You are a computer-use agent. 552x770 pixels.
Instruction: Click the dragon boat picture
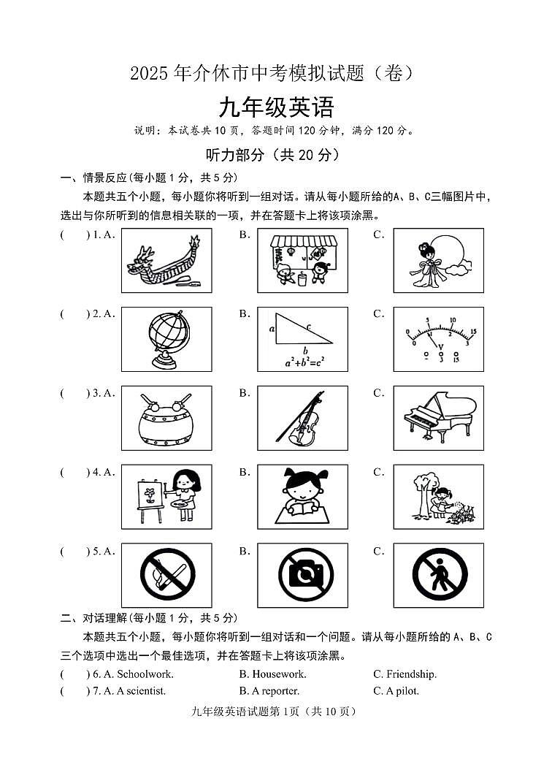[166, 261]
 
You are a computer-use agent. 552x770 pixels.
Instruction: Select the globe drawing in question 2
[166, 339]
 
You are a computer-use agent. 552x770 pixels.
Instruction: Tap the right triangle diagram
[301, 330]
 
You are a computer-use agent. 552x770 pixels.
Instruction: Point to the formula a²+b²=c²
[302, 360]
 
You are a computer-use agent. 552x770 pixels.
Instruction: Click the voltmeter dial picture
[439, 339]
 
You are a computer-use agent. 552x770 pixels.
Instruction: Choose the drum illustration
[166, 419]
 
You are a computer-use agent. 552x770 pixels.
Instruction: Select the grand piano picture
[439, 417]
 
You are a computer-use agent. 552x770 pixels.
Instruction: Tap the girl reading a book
[302, 497]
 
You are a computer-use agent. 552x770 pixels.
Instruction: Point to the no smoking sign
[166, 576]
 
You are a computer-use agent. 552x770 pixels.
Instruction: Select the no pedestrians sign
[439, 576]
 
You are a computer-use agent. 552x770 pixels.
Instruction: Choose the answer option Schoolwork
[145, 674]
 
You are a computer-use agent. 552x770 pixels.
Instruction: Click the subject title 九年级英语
[276, 108]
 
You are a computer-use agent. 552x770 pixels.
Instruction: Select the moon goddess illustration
[439, 261]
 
